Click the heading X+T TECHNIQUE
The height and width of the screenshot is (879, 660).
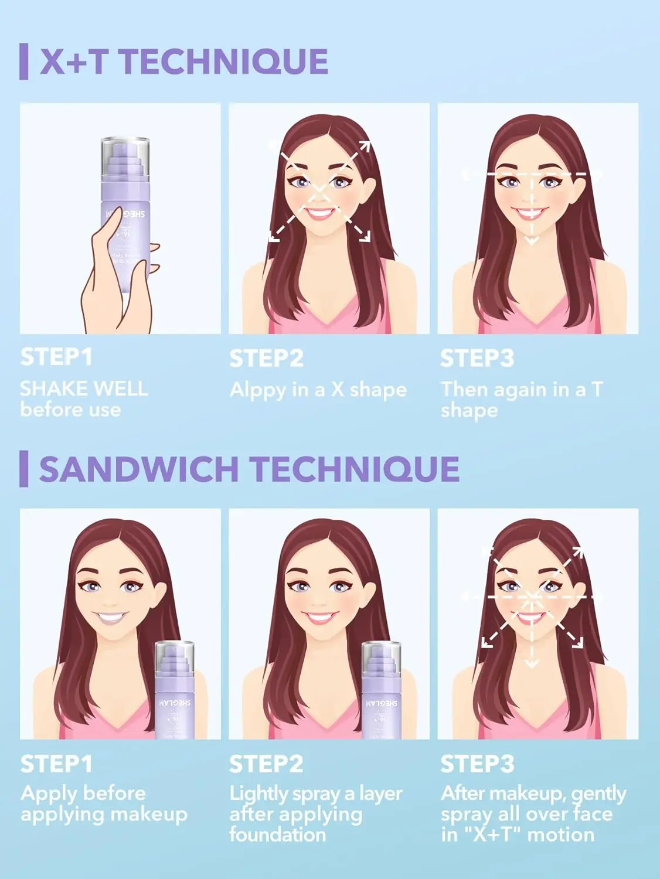pyautogui.click(x=183, y=62)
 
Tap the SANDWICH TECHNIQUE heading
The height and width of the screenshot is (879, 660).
pyautogui.click(x=249, y=469)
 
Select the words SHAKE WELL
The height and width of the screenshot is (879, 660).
pyautogui.click(x=84, y=389)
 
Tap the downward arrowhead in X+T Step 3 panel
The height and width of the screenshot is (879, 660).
pyautogui.click(x=531, y=240)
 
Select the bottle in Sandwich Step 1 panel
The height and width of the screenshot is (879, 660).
pyautogui.click(x=175, y=691)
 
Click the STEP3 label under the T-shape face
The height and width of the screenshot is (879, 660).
pyautogui.click(x=477, y=358)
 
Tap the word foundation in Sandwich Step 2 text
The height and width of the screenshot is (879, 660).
pyautogui.click(x=277, y=834)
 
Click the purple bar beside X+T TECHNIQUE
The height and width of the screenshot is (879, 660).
pyautogui.click(x=23, y=61)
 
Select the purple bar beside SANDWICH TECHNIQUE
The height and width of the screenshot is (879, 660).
pyautogui.click(x=23, y=469)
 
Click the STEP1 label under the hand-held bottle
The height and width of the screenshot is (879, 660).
pyautogui.click(x=56, y=357)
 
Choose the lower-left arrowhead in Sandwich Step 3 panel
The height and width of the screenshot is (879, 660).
pyautogui.click(x=484, y=643)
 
